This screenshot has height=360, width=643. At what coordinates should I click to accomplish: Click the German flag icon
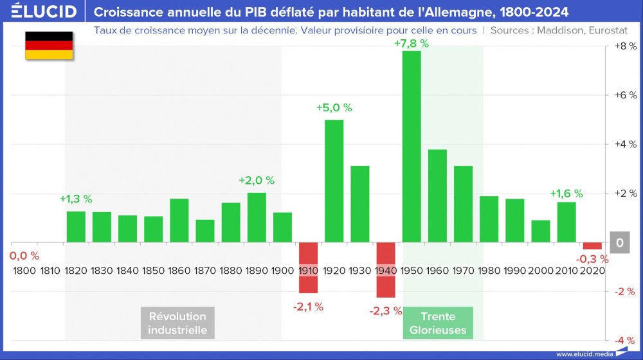tap(49, 45)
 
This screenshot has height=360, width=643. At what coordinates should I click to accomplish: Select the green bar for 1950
tap(412, 147)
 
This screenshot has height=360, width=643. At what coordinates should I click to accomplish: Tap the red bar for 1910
tap(308, 267)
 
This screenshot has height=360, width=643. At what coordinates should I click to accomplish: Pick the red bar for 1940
tap(386, 270)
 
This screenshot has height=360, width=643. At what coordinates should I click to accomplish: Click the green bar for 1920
tap(334, 181)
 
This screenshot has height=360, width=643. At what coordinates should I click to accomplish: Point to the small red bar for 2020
tap(592, 246)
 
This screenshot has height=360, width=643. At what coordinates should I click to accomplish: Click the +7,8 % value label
tap(412, 44)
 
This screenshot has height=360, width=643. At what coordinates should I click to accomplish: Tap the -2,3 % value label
tap(386, 311)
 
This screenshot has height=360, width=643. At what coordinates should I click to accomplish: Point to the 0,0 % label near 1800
tap(24, 256)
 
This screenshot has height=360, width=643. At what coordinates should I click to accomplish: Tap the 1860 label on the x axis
tap(179, 271)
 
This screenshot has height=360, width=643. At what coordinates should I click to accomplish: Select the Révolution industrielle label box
tap(177, 323)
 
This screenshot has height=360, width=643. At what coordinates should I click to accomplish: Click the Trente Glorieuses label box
tap(438, 323)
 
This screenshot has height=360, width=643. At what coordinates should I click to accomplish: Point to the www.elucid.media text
tap(583, 354)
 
